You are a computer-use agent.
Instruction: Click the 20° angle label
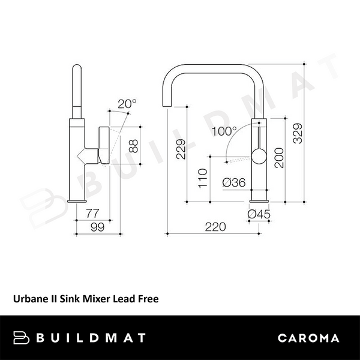point(127,103)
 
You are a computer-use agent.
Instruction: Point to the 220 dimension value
point(215,226)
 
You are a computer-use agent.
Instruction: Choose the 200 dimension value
point(278,158)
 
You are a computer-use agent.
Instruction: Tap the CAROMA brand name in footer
point(309,338)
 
